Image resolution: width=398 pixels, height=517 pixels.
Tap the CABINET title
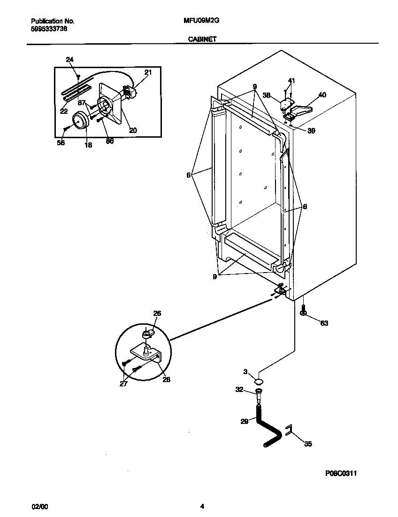tap(202, 39)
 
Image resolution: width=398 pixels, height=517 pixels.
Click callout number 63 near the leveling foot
tap(324, 323)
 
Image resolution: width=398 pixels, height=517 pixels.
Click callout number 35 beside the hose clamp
tap(307, 443)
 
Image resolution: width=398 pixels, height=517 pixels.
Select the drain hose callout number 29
tap(244, 422)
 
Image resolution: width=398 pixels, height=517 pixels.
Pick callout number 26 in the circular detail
tap(157, 313)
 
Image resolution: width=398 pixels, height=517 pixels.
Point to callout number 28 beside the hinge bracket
tap(167, 379)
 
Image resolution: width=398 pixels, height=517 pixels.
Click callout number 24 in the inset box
tap(69, 60)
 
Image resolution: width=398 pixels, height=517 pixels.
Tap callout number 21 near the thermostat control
tap(148, 72)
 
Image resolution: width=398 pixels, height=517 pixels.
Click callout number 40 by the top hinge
tap(322, 95)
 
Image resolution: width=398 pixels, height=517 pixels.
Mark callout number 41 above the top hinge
tap(291, 81)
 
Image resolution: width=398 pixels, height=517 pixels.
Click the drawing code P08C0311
tap(344, 474)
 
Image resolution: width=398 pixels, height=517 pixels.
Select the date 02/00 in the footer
tap(39, 506)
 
